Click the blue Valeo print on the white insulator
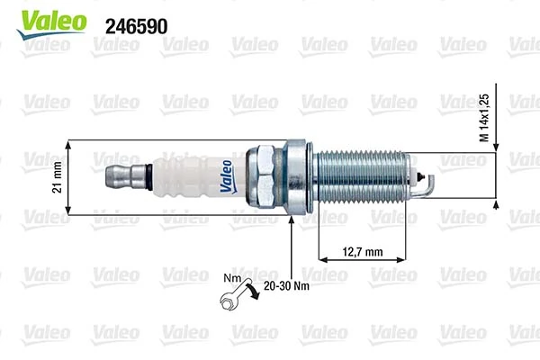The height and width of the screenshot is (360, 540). coord(227,176)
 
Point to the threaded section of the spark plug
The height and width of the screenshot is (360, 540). coord(360,176)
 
